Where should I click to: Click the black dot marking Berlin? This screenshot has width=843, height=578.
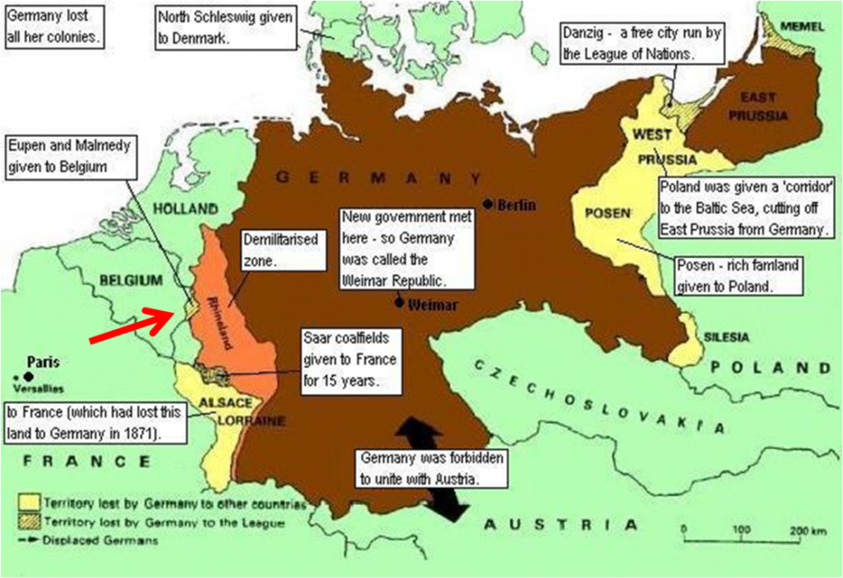tap(488, 204)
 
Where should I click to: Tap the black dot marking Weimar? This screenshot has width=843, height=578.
tap(399, 303)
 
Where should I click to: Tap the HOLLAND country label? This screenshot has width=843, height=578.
tap(185, 209)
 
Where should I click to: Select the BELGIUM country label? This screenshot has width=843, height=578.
tap(131, 280)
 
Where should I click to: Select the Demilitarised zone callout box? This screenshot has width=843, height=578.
tap(282, 249)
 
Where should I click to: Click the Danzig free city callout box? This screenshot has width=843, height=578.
tap(643, 43)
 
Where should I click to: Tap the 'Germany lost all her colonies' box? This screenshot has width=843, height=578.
tap(53, 26)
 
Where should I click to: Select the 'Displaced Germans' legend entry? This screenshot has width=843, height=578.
tap(98, 540)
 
